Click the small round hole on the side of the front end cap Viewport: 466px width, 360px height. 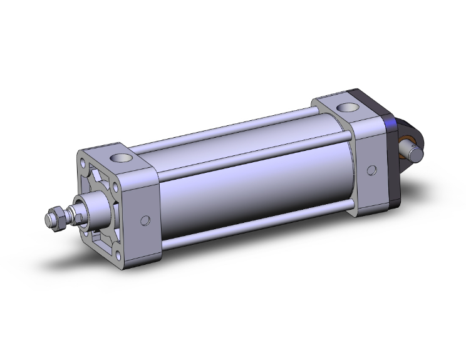point(146,220)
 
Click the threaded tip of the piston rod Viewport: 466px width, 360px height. point(48,220)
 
